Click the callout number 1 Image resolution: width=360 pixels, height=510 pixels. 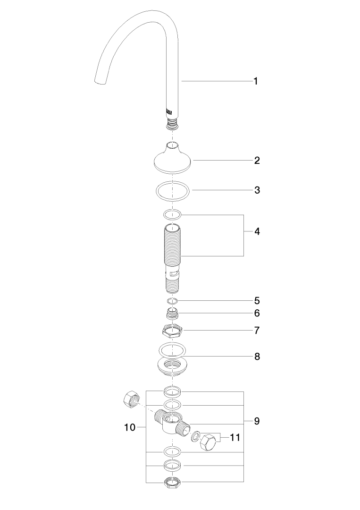click(x=256, y=81)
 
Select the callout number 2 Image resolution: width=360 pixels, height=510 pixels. click(x=257, y=161)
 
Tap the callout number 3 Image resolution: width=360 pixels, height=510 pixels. click(x=257, y=190)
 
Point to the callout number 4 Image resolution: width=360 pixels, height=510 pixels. click(x=257, y=231)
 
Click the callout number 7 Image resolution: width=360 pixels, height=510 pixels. click(x=257, y=331)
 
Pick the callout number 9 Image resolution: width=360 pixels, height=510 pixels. click(x=257, y=421)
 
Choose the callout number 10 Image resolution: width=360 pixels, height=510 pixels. click(x=130, y=427)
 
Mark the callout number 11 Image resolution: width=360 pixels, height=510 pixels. click(x=235, y=437)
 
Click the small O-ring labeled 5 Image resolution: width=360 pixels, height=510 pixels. click(x=173, y=300)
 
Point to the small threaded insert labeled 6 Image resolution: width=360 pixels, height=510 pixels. click(x=173, y=313)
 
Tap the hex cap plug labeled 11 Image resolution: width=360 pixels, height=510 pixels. click(x=209, y=442)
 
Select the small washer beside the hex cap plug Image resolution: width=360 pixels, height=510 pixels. click(x=194, y=436)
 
